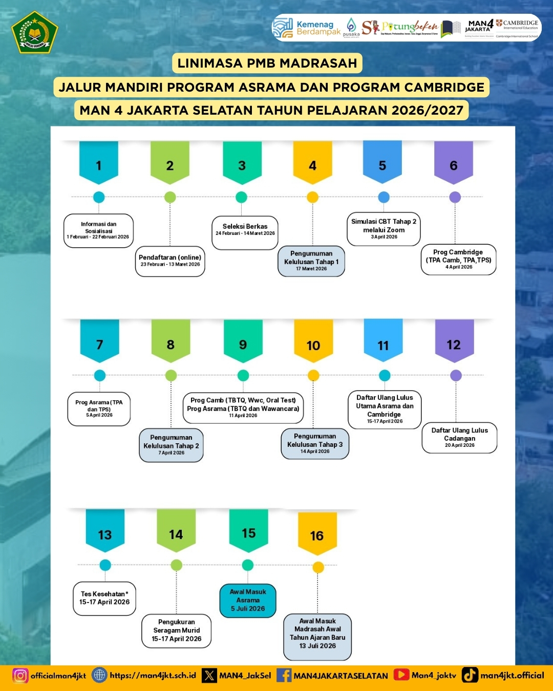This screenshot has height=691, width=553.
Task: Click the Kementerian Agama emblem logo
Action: tap(35, 32)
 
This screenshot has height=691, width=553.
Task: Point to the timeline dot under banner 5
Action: tap(384, 197)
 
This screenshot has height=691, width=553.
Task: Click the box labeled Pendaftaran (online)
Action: tap(170, 261)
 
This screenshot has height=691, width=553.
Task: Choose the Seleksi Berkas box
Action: tap(245, 231)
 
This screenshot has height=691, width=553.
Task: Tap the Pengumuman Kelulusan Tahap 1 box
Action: tap(311, 261)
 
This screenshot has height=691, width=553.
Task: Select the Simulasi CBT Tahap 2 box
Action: tap(384, 229)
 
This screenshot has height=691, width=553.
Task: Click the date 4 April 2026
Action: tap(459, 267)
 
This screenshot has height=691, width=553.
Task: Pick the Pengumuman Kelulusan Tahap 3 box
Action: tap(315, 443)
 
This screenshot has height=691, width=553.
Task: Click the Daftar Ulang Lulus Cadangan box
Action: tap(459, 438)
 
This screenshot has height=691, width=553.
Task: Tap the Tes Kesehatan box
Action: tap(104, 598)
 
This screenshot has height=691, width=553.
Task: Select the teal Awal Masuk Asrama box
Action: tap(248, 600)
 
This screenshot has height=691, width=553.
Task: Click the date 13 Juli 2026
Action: tap(317, 646)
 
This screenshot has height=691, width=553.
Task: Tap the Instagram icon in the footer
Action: tap(20, 676)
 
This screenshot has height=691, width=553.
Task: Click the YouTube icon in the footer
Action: tap(401, 675)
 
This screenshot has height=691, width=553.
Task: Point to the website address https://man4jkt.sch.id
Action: tap(153, 676)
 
